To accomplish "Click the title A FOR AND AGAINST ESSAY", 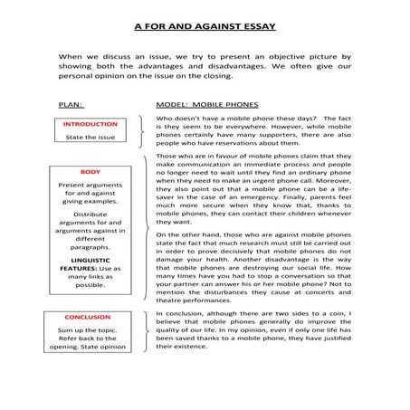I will [205, 26].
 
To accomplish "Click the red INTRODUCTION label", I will [91, 123].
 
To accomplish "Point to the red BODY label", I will [91, 171].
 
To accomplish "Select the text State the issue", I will [91, 138].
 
